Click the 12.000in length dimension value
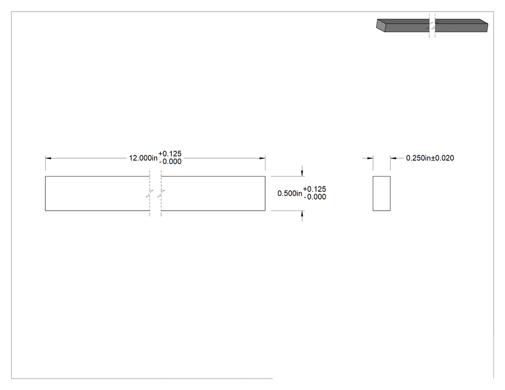click(143, 158)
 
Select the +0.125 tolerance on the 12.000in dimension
click(170, 154)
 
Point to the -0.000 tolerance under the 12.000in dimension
click(170, 162)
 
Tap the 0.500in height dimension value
click(290, 193)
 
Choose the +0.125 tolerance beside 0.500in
click(315, 189)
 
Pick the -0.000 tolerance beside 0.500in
click(315, 197)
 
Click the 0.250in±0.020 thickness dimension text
click(430, 158)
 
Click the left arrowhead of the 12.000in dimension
click(48, 158)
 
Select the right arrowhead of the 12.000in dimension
click(262, 158)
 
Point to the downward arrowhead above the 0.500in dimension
click(302, 173)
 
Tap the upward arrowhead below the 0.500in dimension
click(302, 214)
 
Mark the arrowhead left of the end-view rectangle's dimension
click(370, 158)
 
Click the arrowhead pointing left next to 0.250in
click(393, 158)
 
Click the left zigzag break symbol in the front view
click(150, 193)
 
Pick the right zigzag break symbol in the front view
click(161, 193)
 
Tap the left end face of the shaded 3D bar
click(381, 25)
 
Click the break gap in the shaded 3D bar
click(432, 25)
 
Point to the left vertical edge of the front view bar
click(45, 193)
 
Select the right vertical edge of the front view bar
click(265, 193)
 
